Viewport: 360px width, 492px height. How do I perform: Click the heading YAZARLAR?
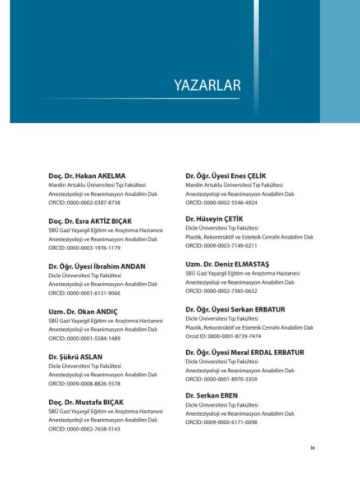coord(207,84)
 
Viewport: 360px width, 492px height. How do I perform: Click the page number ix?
coord(312,448)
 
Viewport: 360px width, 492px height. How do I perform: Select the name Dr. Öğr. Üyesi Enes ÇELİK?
coord(227,175)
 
